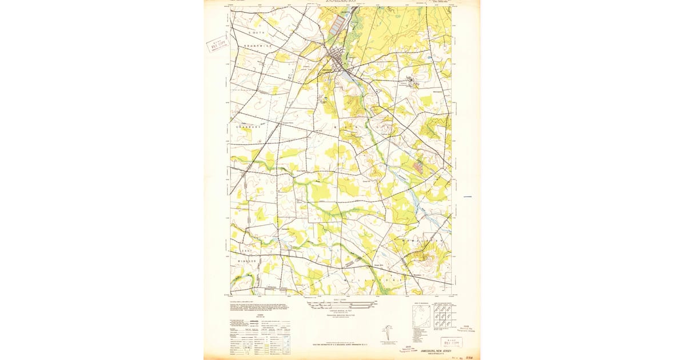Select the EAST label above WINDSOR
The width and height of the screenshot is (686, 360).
[x=247, y=250]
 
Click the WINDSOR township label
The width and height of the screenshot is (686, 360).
[x=248, y=261]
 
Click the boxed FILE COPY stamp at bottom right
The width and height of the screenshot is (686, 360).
[x=452, y=342]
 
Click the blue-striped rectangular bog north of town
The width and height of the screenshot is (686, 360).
[x=339, y=23]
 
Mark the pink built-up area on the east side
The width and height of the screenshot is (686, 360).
[x=419, y=166]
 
